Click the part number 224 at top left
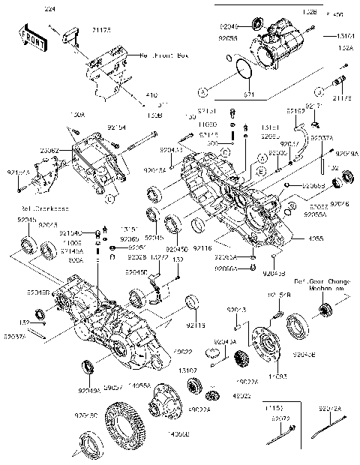pyautogui.click(x=50, y=10)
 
